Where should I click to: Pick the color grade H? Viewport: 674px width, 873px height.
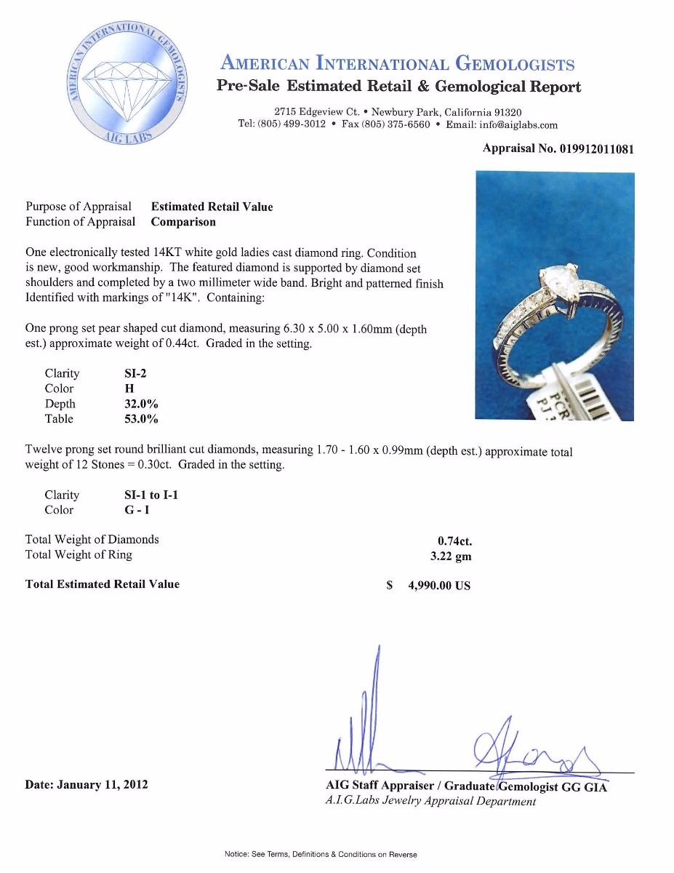tap(129, 388)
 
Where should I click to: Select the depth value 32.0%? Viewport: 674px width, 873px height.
tap(141, 404)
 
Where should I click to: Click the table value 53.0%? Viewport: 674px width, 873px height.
tap(141, 419)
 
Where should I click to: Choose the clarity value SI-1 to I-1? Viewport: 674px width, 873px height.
tap(151, 495)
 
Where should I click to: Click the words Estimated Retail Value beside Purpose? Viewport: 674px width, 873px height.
tap(212, 207)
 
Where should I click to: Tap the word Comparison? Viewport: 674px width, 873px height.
tap(183, 222)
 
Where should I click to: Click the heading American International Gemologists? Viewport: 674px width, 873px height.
tap(398, 64)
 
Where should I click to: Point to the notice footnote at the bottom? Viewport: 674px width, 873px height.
tap(321, 854)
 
